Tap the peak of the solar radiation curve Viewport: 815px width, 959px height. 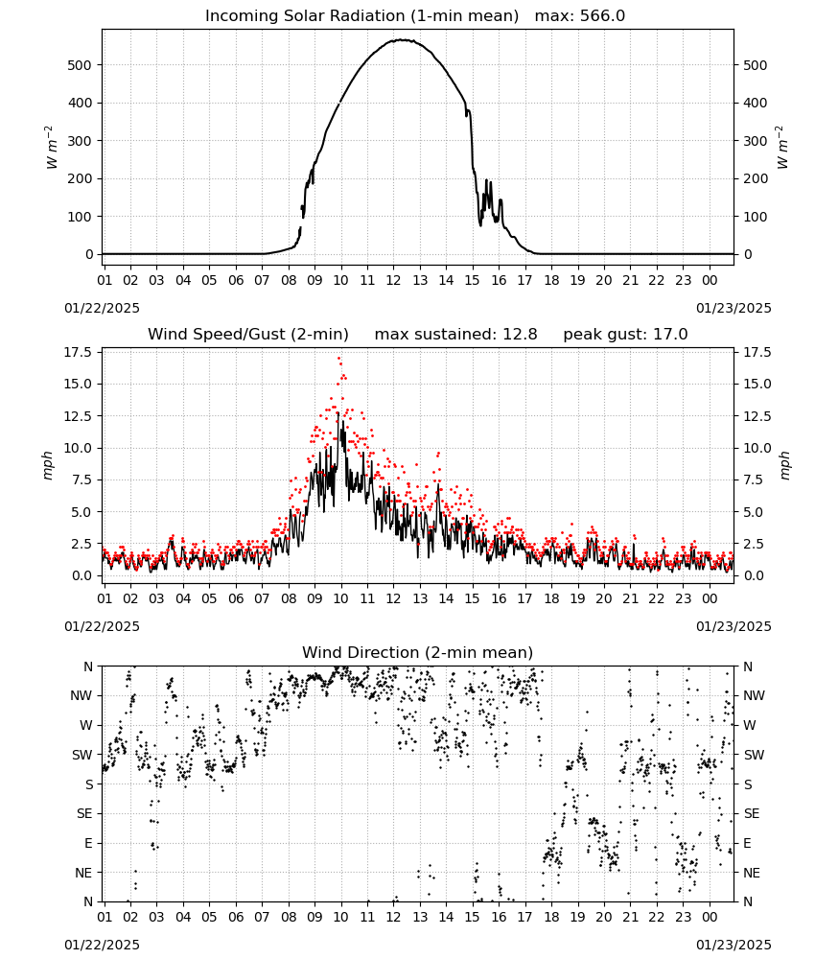402,39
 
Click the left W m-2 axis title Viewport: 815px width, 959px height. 52,148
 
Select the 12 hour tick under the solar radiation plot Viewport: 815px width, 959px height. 393,280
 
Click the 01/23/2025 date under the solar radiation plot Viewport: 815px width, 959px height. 733,308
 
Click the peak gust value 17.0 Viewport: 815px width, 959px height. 671,335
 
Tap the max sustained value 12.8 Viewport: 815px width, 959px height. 520,335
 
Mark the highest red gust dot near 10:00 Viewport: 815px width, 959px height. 338,359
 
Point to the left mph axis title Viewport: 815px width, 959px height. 48,465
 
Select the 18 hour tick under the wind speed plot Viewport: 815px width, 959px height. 551,598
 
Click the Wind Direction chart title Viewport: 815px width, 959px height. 418,652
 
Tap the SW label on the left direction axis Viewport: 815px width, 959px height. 82,755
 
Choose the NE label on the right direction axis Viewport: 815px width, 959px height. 752,873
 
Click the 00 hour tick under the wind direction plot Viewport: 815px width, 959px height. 710,917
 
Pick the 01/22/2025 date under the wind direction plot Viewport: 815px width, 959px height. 102,945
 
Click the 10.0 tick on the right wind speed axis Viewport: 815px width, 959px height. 757,448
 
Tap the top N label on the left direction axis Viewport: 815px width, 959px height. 88,667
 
